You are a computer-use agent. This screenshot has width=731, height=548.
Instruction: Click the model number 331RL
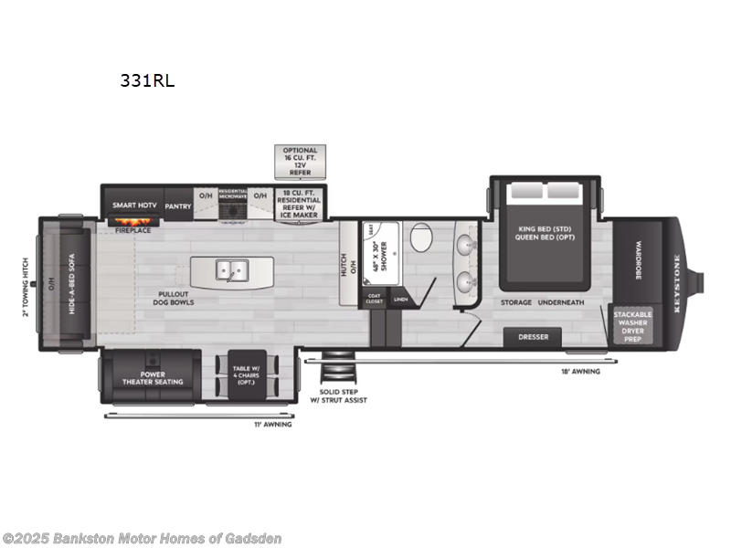click(x=147, y=81)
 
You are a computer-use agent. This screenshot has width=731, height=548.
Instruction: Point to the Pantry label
click(x=178, y=206)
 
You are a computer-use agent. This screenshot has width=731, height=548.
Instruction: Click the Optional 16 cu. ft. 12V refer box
click(x=300, y=161)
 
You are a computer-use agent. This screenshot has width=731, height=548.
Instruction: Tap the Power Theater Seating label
click(x=150, y=377)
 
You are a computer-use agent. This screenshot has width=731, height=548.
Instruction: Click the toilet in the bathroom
click(x=421, y=240)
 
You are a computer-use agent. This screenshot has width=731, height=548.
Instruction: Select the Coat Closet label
click(x=374, y=299)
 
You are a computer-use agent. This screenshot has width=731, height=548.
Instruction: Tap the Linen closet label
click(x=400, y=299)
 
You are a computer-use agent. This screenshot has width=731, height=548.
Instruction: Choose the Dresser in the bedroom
click(x=533, y=337)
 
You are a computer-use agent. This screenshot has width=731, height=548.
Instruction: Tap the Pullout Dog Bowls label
click(x=173, y=297)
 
